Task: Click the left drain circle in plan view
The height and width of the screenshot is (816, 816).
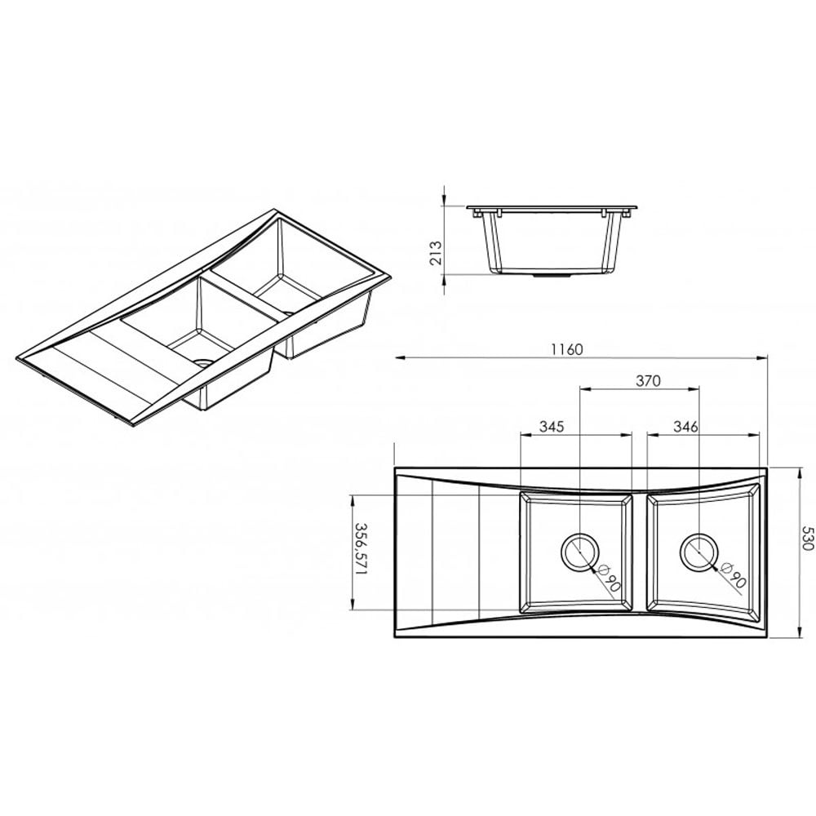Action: pos(579,552)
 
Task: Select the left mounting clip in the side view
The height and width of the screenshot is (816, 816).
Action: pos(494,214)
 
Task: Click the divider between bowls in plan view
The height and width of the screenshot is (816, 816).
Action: pos(640,552)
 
